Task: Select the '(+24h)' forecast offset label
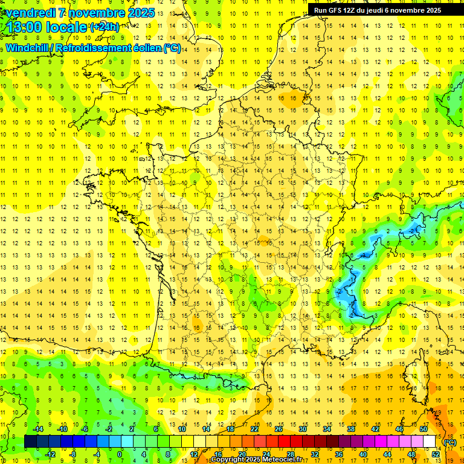click(105, 27)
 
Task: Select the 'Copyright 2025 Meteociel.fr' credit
click(256, 460)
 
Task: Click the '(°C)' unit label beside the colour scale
click(449, 442)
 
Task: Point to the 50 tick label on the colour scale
click(424, 428)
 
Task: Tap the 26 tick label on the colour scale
click(279, 428)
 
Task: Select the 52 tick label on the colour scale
click(435, 454)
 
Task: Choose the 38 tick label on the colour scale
click(351, 428)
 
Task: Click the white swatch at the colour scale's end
click(430, 442)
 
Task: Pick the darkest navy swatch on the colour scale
click(30, 442)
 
